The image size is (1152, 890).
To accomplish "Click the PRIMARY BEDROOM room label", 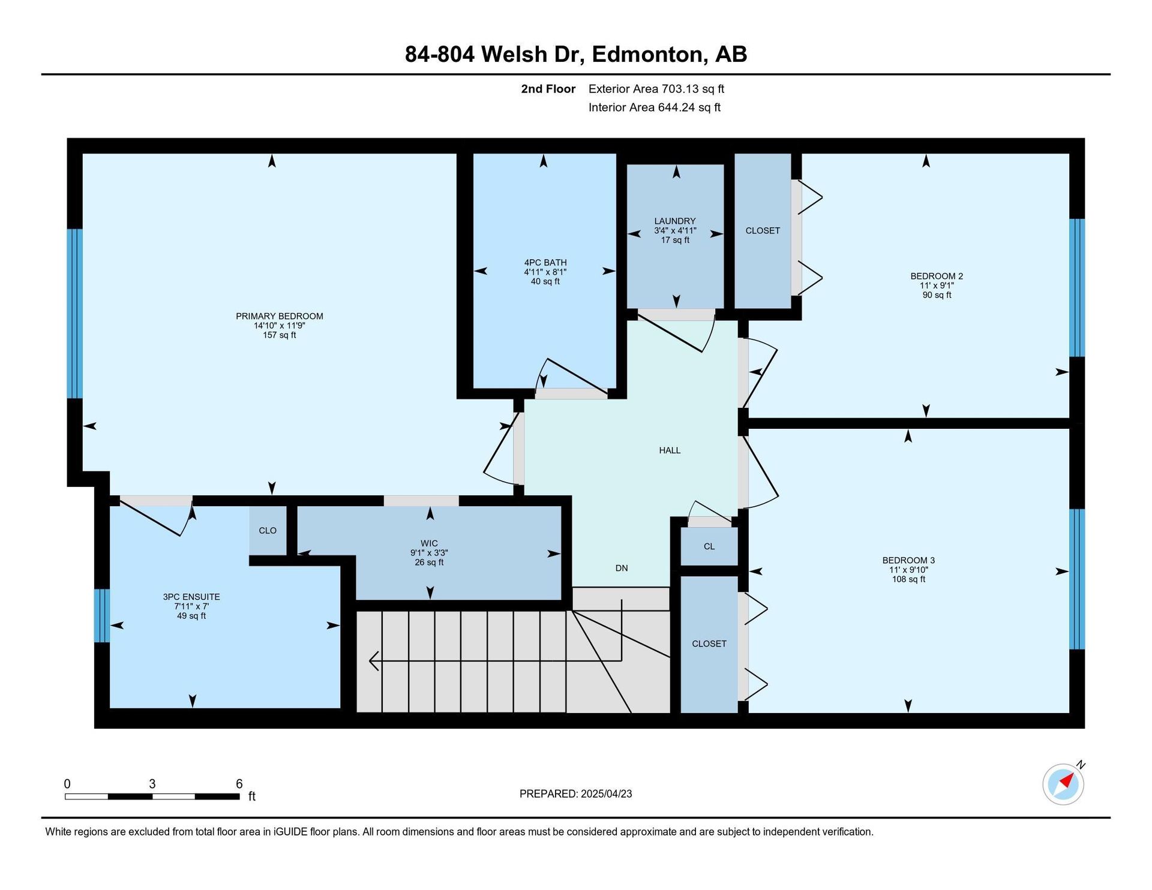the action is tap(280, 316).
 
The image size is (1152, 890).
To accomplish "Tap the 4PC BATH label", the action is tap(545, 262).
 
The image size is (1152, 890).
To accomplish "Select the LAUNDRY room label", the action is tap(675, 221).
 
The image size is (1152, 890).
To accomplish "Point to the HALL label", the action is tap(670, 450).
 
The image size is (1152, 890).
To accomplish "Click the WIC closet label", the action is tap(430, 543).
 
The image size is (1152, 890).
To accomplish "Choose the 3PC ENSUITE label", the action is tap(191, 597).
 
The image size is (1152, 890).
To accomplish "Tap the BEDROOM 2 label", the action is tap(937, 276).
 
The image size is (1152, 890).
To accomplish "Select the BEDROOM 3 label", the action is tap(908, 560).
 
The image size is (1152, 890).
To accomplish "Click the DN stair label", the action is tap(622, 568).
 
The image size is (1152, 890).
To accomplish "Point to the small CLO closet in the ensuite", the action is tap(268, 530).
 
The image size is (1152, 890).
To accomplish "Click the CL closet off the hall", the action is tap(709, 546).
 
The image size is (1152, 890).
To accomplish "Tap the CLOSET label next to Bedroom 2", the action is tap(763, 230).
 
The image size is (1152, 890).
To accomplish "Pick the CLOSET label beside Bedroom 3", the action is tap(709, 644).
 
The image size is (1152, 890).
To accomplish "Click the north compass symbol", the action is tap(1064, 783).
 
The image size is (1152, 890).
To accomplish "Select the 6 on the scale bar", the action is tap(239, 784).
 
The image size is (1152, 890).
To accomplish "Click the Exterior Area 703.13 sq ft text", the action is tap(656, 89).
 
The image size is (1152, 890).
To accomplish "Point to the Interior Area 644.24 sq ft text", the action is tap(655, 107).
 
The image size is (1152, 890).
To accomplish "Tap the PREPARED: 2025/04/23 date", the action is tap(576, 794).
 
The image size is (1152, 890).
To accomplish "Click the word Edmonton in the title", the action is tap(648, 55).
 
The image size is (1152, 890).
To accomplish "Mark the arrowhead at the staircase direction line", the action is tap(373, 661).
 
